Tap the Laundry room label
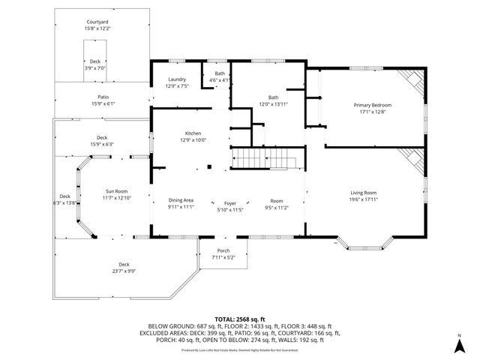tap(177, 79)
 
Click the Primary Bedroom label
tap(373, 105)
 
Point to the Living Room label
tap(364, 193)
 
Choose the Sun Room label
tap(116, 191)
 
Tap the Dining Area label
tap(181, 200)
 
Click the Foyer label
tap(230, 203)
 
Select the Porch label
tap(223, 250)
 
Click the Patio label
tap(103, 97)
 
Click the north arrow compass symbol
tap(459, 345)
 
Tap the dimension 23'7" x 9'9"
tap(124, 271)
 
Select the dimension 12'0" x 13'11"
tap(274, 103)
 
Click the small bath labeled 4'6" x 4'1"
tap(220, 76)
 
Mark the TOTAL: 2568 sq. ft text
tap(239, 318)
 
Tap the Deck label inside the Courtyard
tap(95, 61)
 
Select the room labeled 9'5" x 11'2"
tap(277, 203)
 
